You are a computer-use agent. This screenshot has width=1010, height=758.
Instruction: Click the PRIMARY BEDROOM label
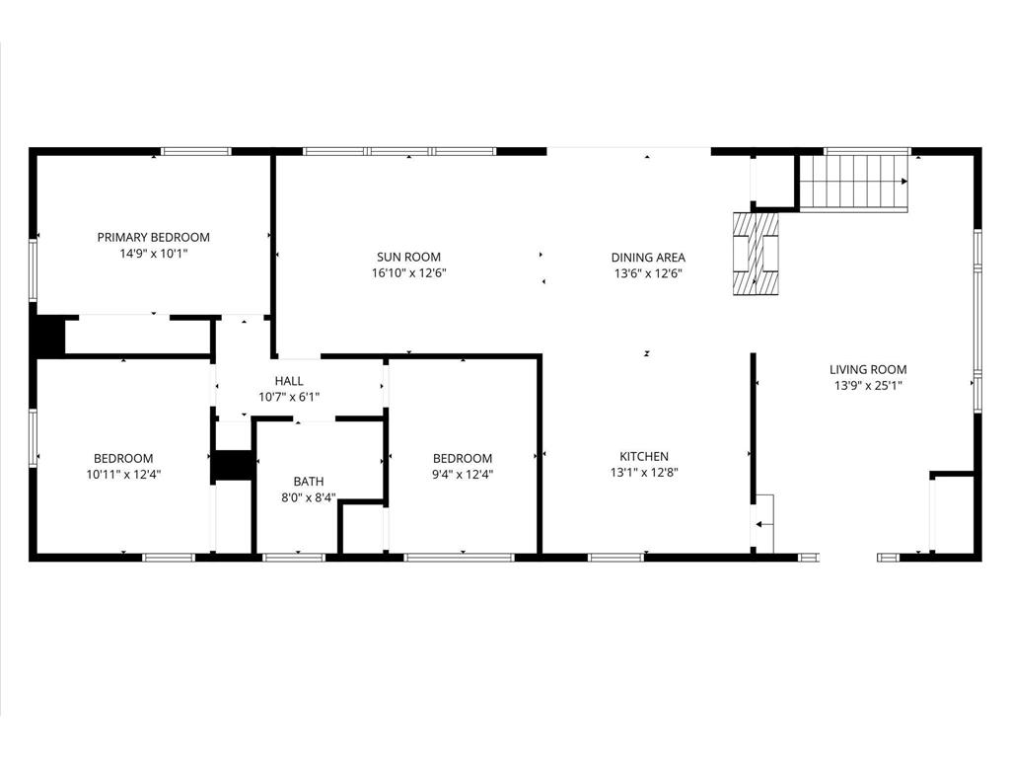pyautogui.click(x=153, y=237)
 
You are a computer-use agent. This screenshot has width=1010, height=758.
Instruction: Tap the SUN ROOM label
pyautogui.click(x=408, y=257)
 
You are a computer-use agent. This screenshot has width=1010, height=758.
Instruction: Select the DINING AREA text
pyautogui.click(x=648, y=258)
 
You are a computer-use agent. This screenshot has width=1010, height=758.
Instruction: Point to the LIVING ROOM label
pyautogui.click(x=868, y=369)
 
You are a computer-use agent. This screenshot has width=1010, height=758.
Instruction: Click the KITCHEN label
pyautogui.click(x=644, y=456)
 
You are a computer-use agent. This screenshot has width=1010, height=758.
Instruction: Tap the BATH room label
pyautogui.click(x=309, y=481)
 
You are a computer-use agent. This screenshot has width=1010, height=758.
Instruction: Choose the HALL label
pyautogui.click(x=289, y=381)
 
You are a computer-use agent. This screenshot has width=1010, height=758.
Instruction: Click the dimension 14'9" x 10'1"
pyautogui.click(x=153, y=254)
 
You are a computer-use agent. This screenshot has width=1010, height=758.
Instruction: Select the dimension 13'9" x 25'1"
pyautogui.click(x=868, y=386)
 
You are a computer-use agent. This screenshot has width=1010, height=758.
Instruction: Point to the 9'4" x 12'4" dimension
pyautogui.click(x=463, y=475)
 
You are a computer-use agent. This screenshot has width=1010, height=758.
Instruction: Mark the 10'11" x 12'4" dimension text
pyautogui.click(x=123, y=475)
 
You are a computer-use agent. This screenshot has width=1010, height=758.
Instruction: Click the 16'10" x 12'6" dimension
pyautogui.click(x=409, y=273)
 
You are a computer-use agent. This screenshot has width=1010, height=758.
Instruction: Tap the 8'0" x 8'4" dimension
pyautogui.click(x=309, y=497)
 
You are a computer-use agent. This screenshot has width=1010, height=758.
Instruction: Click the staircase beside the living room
pyautogui.click(x=854, y=183)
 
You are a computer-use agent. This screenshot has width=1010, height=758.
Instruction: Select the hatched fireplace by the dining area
pyautogui.click(x=756, y=254)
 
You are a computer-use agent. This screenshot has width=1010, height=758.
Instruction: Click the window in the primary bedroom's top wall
pyautogui.click(x=196, y=151)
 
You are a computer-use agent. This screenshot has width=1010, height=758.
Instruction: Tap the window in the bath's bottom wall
pyautogui.click(x=294, y=558)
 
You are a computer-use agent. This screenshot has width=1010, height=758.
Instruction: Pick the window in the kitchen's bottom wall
pyautogui.click(x=616, y=558)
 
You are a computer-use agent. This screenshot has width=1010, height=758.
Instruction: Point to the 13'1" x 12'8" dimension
pyautogui.click(x=644, y=473)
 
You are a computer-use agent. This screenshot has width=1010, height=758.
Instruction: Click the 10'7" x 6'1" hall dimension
pyautogui.click(x=289, y=398)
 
